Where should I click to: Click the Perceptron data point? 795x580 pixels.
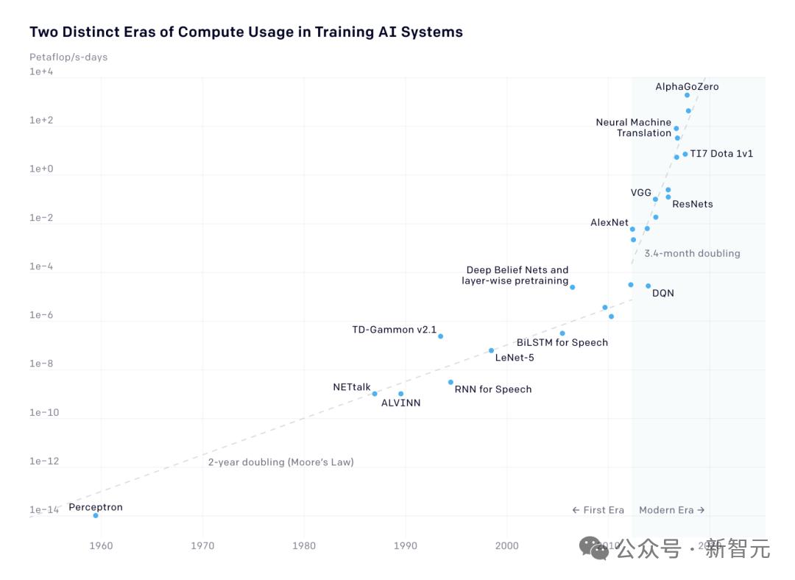pyautogui.click(x=96, y=515)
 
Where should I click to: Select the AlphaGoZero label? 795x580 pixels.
pyautogui.click(x=687, y=87)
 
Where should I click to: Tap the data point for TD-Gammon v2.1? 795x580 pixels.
pyautogui.click(x=440, y=336)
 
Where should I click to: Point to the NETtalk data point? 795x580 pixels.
pyautogui.click(x=375, y=394)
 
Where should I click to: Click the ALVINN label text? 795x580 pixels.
pyautogui.click(x=400, y=403)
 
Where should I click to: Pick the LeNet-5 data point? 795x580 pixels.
pyautogui.click(x=491, y=350)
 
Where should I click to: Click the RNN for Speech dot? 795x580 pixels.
pyautogui.click(x=451, y=382)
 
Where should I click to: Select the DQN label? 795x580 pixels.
pyautogui.click(x=662, y=294)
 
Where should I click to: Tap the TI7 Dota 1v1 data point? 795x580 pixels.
pyautogui.click(x=685, y=154)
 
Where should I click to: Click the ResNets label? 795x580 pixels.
pyautogui.click(x=692, y=204)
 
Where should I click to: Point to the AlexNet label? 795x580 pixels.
pyautogui.click(x=609, y=222)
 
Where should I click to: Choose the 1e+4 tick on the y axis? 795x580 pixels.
pyautogui.click(x=41, y=71)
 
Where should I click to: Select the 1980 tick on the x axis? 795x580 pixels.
pyautogui.click(x=304, y=545)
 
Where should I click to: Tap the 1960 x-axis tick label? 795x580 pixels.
pyautogui.click(x=101, y=545)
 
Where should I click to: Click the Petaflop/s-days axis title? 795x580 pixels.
pyautogui.click(x=68, y=57)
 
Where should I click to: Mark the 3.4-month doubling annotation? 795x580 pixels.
pyautogui.click(x=692, y=253)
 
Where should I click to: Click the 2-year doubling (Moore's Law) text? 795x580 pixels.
pyautogui.click(x=280, y=462)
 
